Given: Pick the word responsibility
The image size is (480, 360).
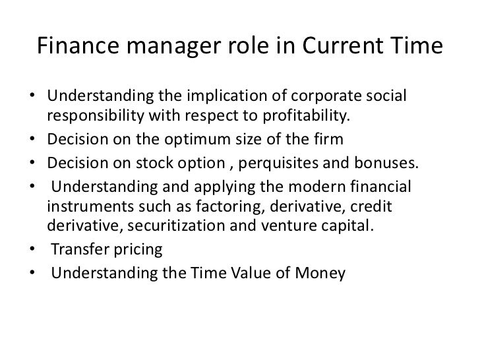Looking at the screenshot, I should [x=94, y=117].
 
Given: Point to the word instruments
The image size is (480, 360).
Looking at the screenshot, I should [x=88, y=206].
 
